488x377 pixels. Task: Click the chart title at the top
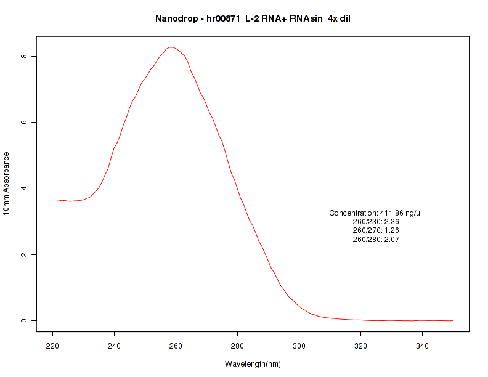253,18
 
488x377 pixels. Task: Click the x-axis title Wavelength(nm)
253,364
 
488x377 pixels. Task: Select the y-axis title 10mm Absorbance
6,183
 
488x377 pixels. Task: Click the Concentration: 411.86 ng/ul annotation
376,213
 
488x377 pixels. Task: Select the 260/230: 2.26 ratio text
376,222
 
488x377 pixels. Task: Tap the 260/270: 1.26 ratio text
376,230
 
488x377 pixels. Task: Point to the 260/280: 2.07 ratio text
376,240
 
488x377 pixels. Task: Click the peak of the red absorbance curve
171,47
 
